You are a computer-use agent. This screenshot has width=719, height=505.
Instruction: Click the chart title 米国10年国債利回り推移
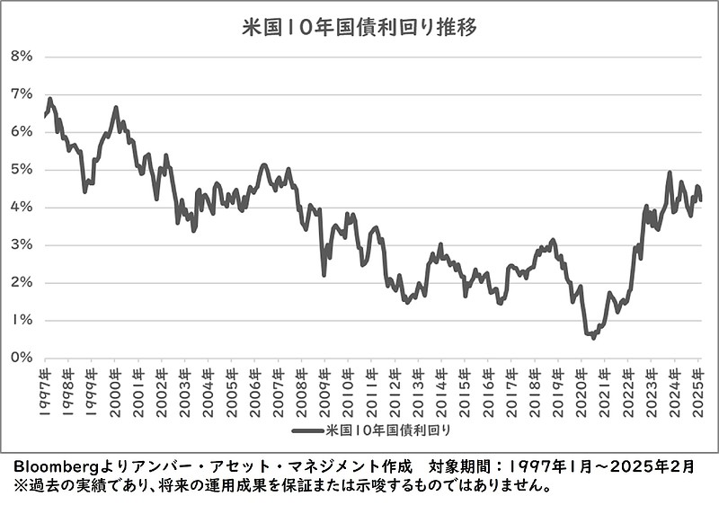pyautogui.click(x=359, y=27)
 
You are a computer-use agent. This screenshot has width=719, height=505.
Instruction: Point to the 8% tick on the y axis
pyautogui.click(x=21, y=56)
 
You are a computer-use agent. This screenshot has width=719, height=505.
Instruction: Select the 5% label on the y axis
pyautogui.click(x=21, y=169)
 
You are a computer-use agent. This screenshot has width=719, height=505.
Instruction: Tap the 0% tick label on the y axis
pyautogui.click(x=21, y=358)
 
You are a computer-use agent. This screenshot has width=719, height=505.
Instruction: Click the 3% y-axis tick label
pyautogui.click(x=21, y=244)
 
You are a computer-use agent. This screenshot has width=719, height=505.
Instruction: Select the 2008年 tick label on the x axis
pyautogui.click(x=302, y=384)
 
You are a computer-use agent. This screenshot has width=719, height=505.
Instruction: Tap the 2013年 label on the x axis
pyautogui.click(x=419, y=384)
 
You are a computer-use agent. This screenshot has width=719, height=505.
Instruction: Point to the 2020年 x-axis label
pyautogui.click(x=581, y=384)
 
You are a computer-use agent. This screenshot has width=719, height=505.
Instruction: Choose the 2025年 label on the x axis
pyautogui.click(x=698, y=384)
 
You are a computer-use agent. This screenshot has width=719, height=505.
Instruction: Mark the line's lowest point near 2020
pyautogui.click(x=593, y=338)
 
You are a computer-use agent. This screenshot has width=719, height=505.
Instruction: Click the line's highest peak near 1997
pyautogui.click(x=49, y=99)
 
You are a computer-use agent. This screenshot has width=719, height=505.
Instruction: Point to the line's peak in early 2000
pyautogui.click(x=116, y=108)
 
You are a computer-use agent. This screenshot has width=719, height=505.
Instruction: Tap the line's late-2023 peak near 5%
pyautogui.click(x=670, y=173)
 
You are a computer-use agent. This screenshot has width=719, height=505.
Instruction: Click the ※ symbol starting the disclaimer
pyautogui.click(x=17, y=486)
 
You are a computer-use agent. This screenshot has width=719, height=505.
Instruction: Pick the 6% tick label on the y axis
pyautogui.click(x=21, y=131)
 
